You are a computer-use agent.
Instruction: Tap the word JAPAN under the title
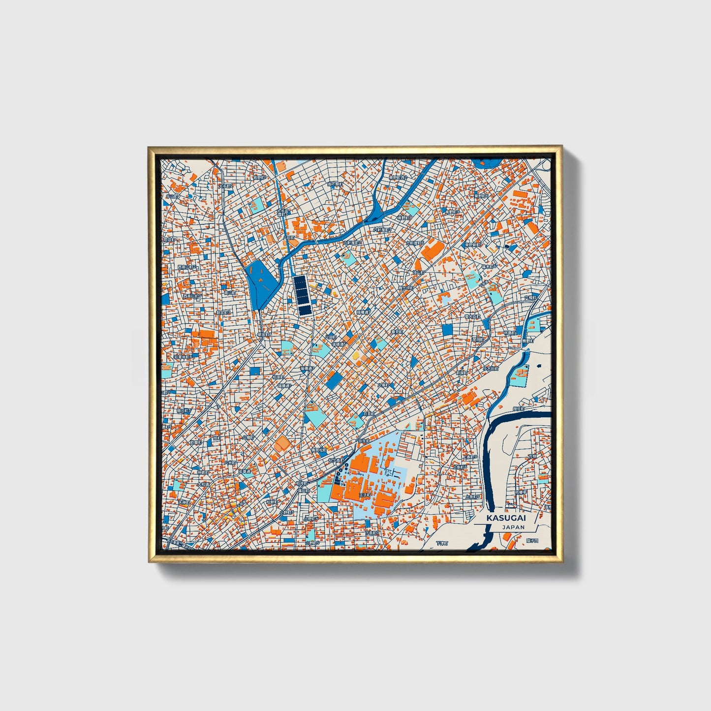(x=513, y=527)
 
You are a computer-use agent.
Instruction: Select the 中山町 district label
(x=172, y=196)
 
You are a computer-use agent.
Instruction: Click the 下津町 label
(x=442, y=543)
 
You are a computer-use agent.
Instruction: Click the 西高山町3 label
(x=192, y=296)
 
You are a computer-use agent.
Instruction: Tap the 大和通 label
(x=203, y=484)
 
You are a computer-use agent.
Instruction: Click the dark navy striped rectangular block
(x=301, y=295)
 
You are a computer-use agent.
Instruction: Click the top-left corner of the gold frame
(x=149, y=147)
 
